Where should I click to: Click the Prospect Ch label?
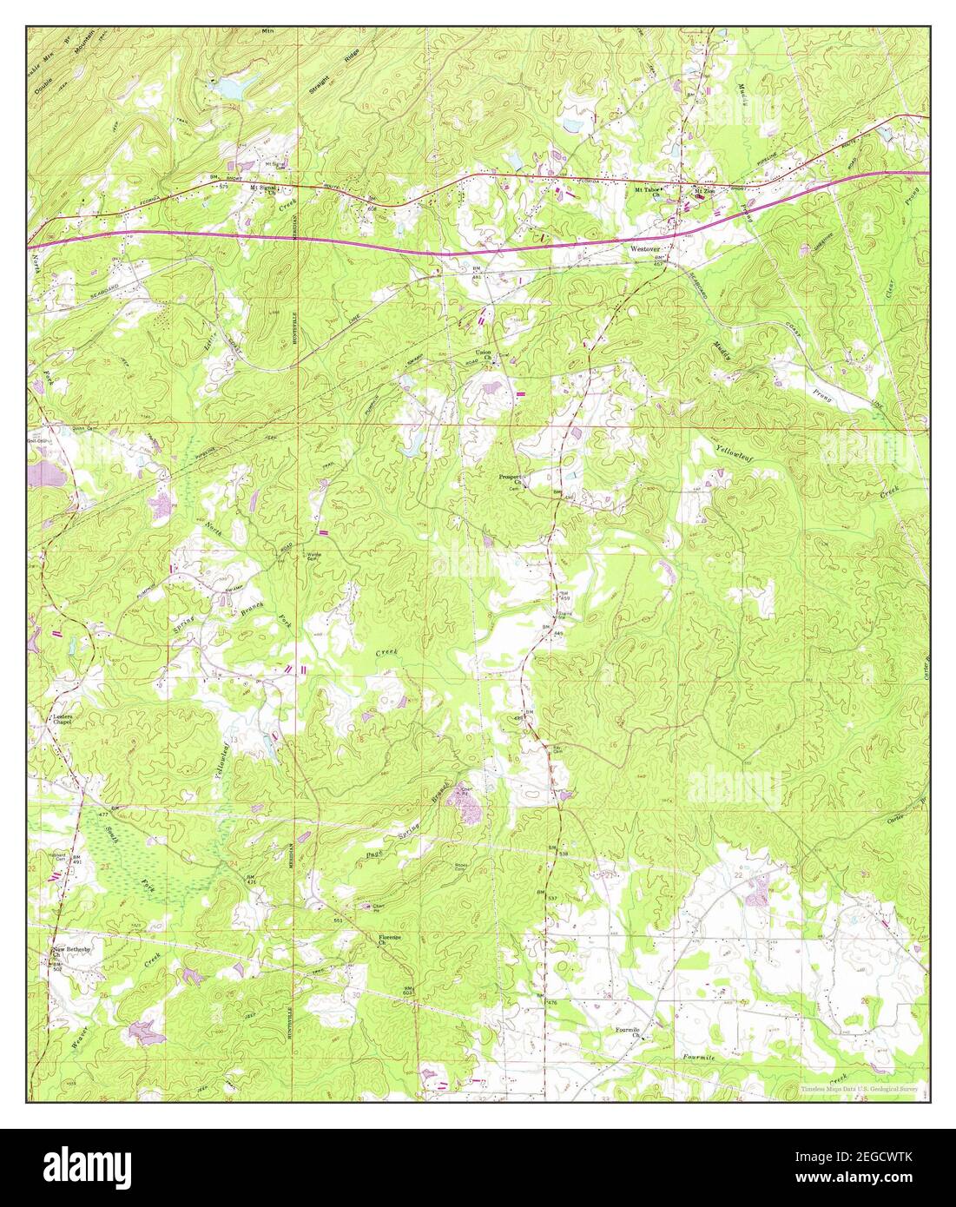512,478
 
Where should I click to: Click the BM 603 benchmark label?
406,990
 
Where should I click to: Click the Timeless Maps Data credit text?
860,1087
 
